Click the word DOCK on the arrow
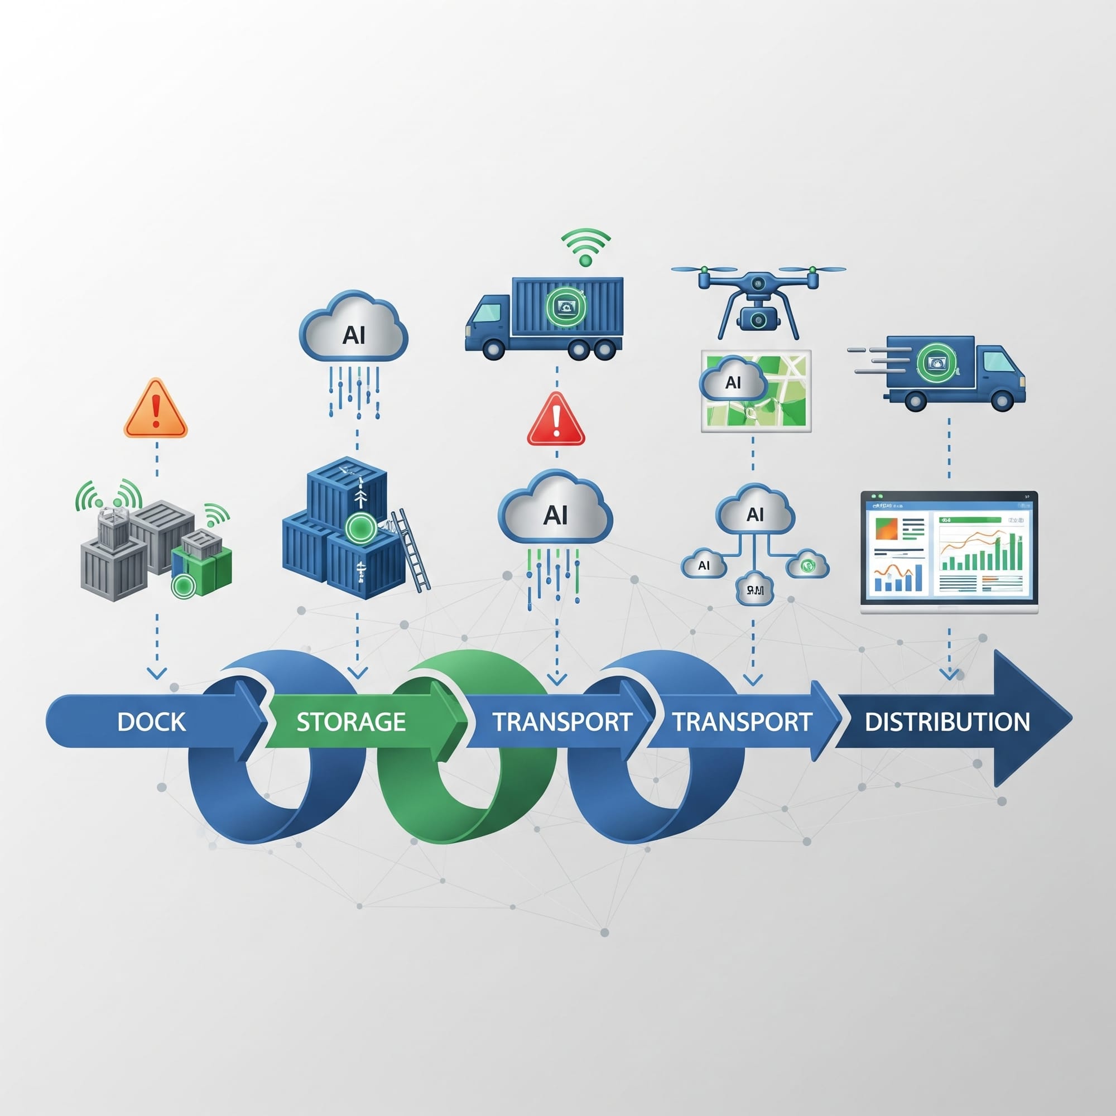[151, 721]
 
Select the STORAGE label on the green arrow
[350, 722]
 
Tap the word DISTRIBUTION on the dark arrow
[947, 722]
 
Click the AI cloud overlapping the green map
[733, 381]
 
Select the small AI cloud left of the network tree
[704, 564]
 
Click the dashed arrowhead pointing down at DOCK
[157, 673]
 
